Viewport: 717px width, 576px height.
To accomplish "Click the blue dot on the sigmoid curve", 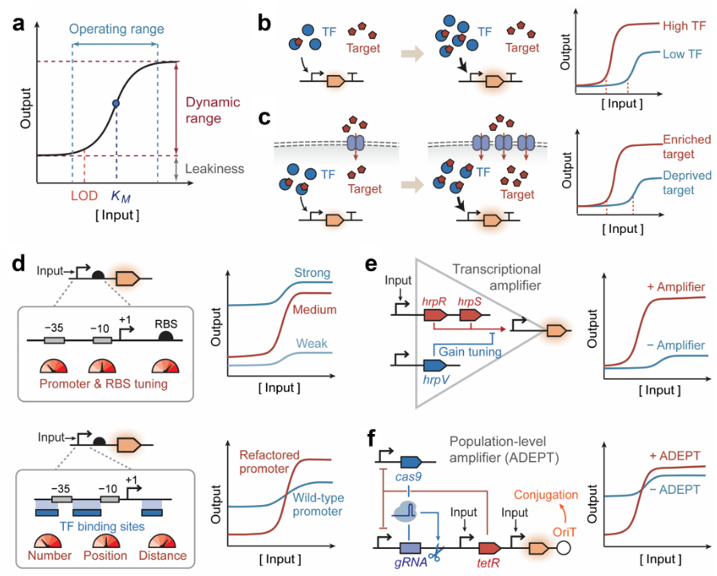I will coord(117,104).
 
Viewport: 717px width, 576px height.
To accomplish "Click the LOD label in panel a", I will coord(83,195).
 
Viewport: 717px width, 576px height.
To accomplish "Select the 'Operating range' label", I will coord(117,30).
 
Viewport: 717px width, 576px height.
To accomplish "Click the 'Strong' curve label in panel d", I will coord(312,273).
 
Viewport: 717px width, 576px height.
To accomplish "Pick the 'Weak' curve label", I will coord(311,343).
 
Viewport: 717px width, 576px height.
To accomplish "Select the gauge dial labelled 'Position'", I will coord(105,537).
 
